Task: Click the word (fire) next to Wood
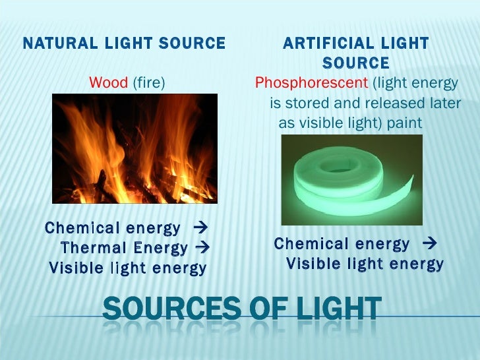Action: [x=148, y=83]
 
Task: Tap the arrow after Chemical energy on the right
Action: [x=432, y=245]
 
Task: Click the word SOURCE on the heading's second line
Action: [x=356, y=63]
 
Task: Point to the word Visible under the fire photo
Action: [x=76, y=268]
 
